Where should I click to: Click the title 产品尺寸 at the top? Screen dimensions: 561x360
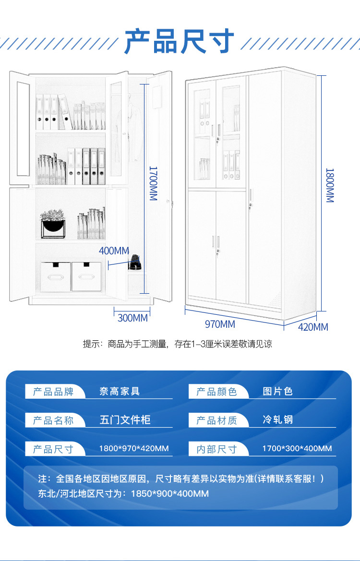coord(180,42)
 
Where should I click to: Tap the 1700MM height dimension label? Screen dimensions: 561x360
coord(153,183)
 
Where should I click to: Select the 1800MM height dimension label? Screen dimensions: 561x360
coord(330,185)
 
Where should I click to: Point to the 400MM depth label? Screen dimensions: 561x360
coord(114,251)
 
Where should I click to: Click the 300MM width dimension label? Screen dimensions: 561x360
coord(132,318)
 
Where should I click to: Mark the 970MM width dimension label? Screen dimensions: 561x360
coord(220,324)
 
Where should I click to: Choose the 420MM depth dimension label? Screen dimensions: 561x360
coord(313,327)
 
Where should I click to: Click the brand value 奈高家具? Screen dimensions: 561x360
coord(120,392)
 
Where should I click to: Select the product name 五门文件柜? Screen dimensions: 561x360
coord(125,420)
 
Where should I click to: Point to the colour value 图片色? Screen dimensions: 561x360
coord(277,392)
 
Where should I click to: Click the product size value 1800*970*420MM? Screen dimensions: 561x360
coord(134,449)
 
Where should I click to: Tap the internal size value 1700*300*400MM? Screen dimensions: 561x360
coord(297,449)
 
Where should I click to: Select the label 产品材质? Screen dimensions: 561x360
coord(216,420)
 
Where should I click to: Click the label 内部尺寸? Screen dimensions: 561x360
coord(216,449)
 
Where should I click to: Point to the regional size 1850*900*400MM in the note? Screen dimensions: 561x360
coord(170,493)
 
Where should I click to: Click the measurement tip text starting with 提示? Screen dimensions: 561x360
coord(178,344)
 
